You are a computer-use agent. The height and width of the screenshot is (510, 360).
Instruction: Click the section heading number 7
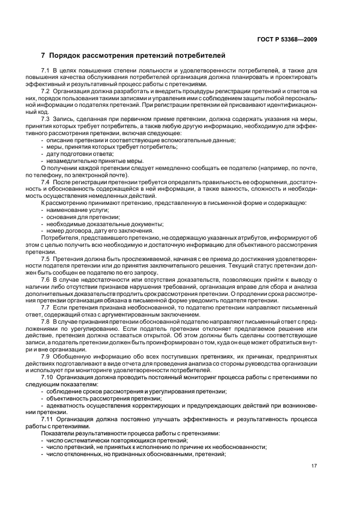tap(43, 56)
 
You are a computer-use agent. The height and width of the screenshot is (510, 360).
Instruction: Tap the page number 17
tap(314, 465)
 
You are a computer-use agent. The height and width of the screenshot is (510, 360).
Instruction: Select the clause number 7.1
tap(45, 71)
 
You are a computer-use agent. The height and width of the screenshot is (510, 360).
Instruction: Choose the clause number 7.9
tap(45, 356)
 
